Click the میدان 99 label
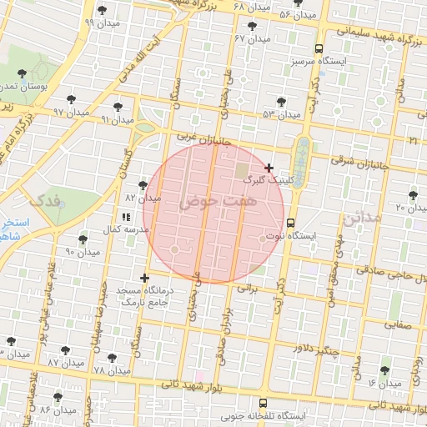pyautogui.click(x=100, y=23)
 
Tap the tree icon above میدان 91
pyautogui.click(x=118, y=107)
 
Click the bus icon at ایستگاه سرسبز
pyautogui.click(x=319, y=48)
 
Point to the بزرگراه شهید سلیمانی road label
pyautogui.click(x=380, y=33)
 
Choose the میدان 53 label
pyautogui.click(x=280, y=114)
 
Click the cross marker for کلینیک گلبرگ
pyautogui.click(x=269, y=168)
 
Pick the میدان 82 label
pyautogui.click(x=142, y=198)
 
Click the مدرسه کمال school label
pyautogui.click(x=129, y=229)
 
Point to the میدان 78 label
pyautogui.click(x=111, y=369)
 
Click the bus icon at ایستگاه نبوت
pyautogui.click(x=290, y=224)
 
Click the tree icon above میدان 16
pyautogui.click(x=384, y=370)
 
